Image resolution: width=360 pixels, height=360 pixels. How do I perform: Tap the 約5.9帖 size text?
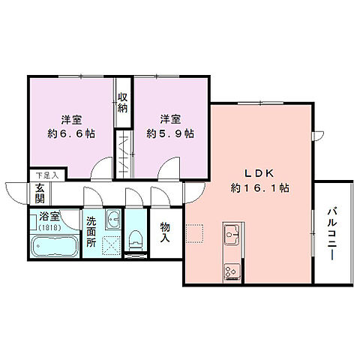point(170,134)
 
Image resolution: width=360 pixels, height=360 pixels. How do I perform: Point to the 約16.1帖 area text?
point(260,187)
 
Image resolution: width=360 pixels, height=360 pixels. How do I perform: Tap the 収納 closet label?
point(122,101)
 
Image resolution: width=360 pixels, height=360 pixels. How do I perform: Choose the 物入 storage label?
point(165,232)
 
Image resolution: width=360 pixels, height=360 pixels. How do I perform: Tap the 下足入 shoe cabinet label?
point(46,175)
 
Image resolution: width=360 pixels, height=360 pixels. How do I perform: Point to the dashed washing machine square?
point(112,244)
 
